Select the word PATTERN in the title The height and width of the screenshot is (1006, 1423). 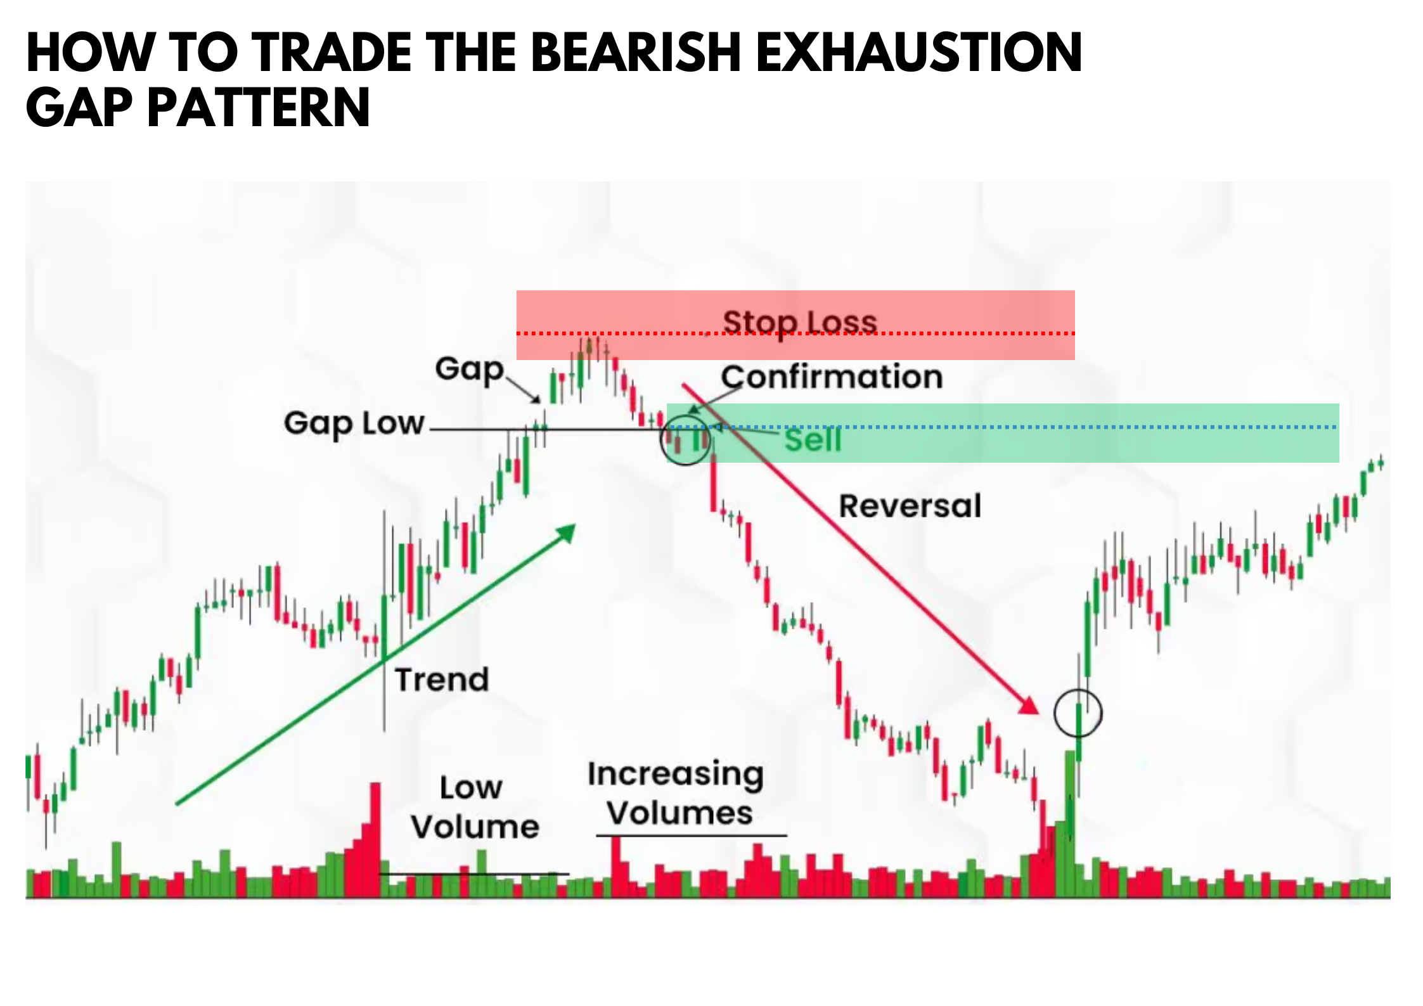(259, 108)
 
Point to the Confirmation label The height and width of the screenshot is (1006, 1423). (832, 377)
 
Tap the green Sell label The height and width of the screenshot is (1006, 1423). (813, 440)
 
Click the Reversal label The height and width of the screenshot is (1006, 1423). (910, 506)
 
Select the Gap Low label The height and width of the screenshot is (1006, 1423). (354, 424)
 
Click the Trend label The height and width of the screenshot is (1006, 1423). (442, 680)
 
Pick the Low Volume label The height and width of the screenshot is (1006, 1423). (475, 807)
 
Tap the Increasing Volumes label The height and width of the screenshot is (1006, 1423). (676, 794)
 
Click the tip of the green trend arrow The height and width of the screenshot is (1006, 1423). (575, 525)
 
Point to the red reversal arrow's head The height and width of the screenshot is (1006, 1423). (1038, 713)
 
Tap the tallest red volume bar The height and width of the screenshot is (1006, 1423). (375, 840)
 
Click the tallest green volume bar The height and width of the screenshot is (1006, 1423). (1070, 824)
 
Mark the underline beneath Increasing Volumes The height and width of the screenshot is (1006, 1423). (692, 835)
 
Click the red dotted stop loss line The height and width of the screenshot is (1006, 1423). (795, 333)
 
